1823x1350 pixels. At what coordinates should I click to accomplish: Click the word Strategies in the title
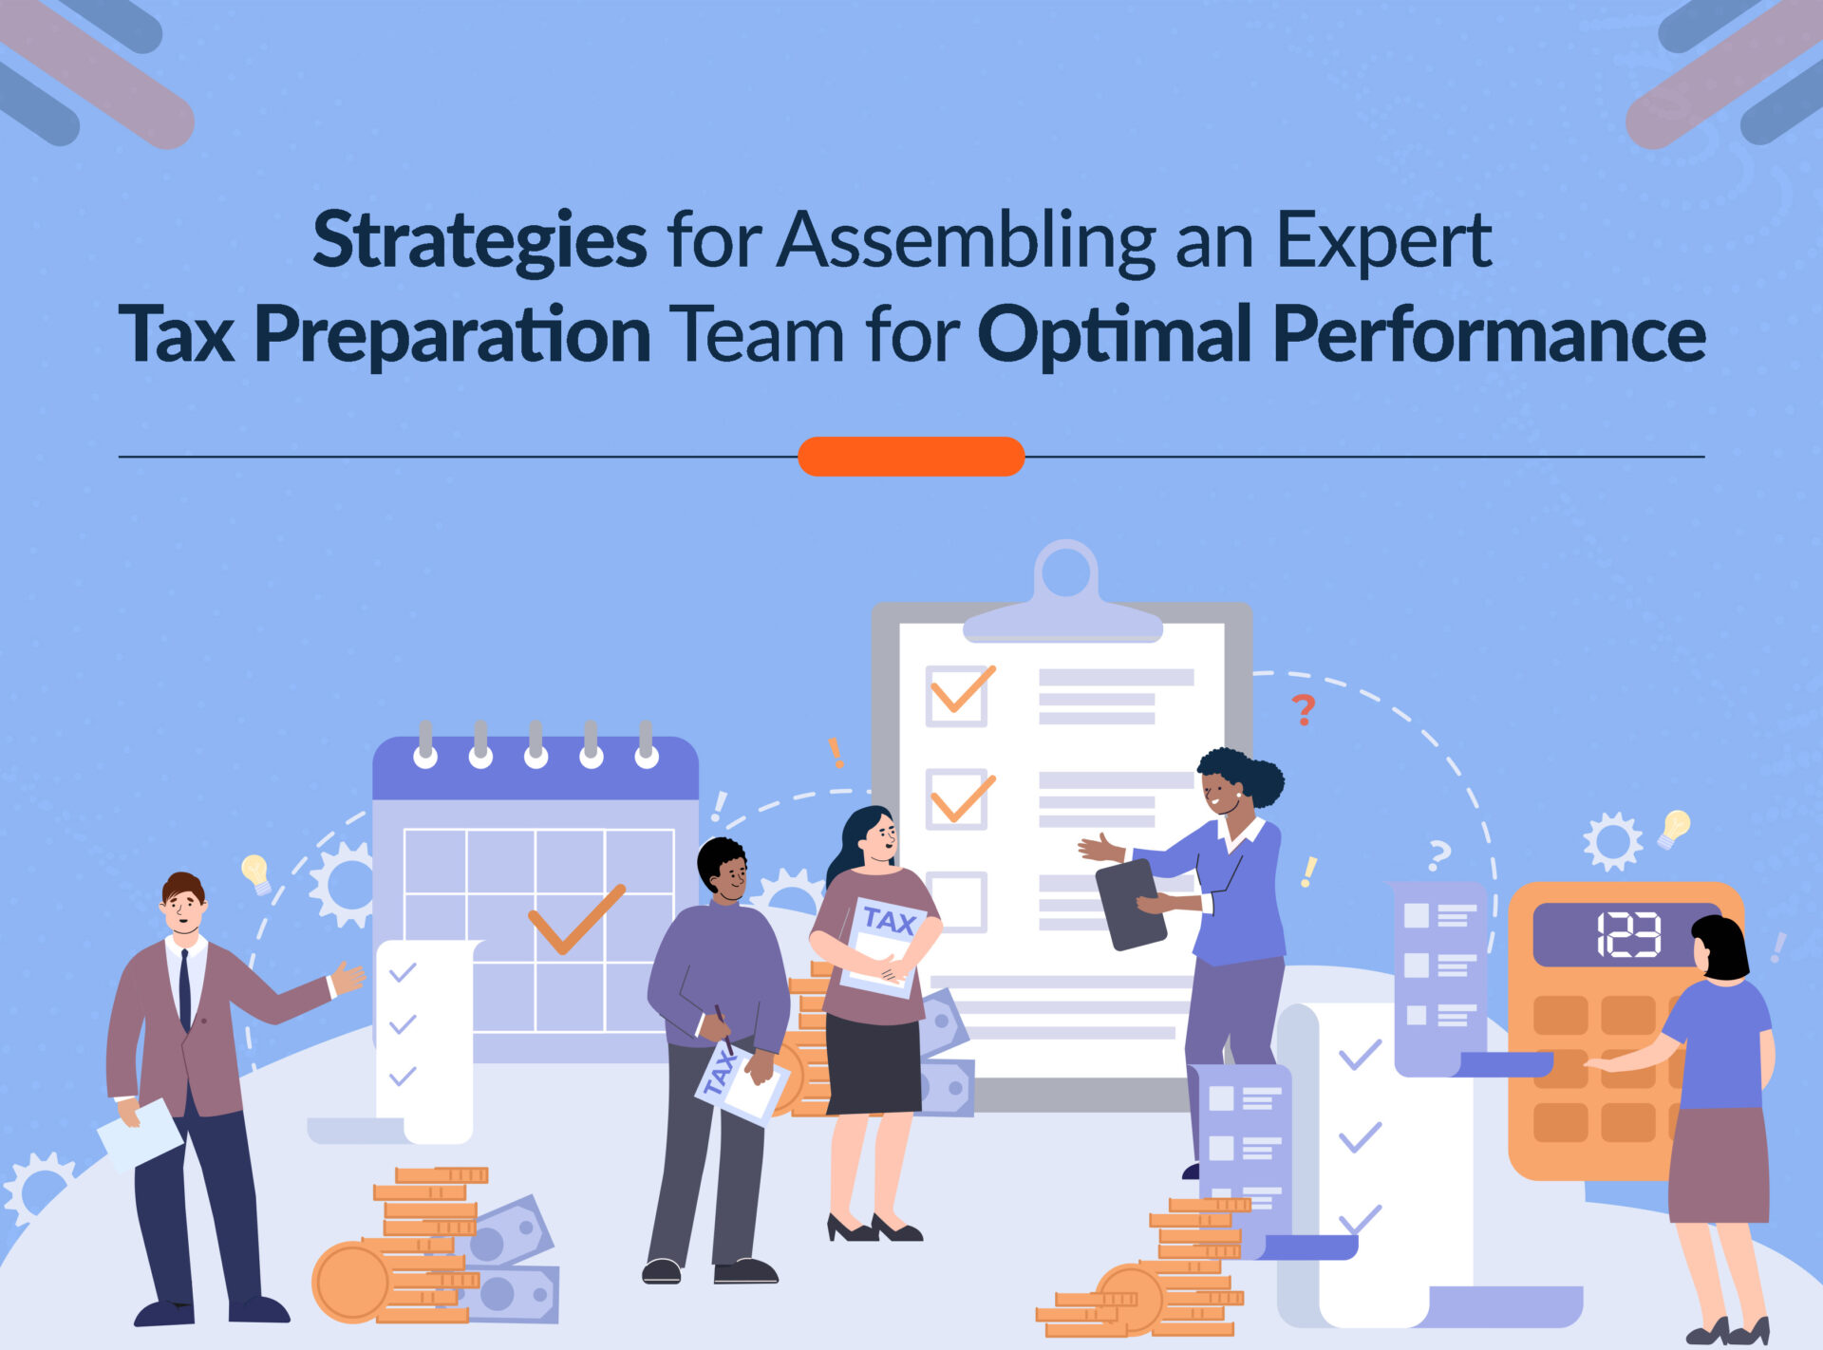pyautogui.click(x=479, y=241)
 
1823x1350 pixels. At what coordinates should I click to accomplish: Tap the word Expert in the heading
pyautogui.click(x=1383, y=241)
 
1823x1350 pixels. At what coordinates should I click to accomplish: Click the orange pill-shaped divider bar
pyautogui.click(x=911, y=456)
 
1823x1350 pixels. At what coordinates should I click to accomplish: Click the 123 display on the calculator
pyautogui.click(x=1627, y=934)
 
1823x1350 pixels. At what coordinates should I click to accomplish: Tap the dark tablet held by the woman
pyautogui.click(x=1130, y=905)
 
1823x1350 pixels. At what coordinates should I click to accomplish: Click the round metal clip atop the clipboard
pyautogui.click(x=1065, y=574)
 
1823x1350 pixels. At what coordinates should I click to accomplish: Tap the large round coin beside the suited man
pyautogui.click(x=352, y=1282)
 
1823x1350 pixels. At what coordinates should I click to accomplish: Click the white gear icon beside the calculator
pyautogui.click(x=1611, y=841)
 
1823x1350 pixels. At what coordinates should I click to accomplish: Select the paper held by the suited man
pyautogui.click(x=140, y=1134)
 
